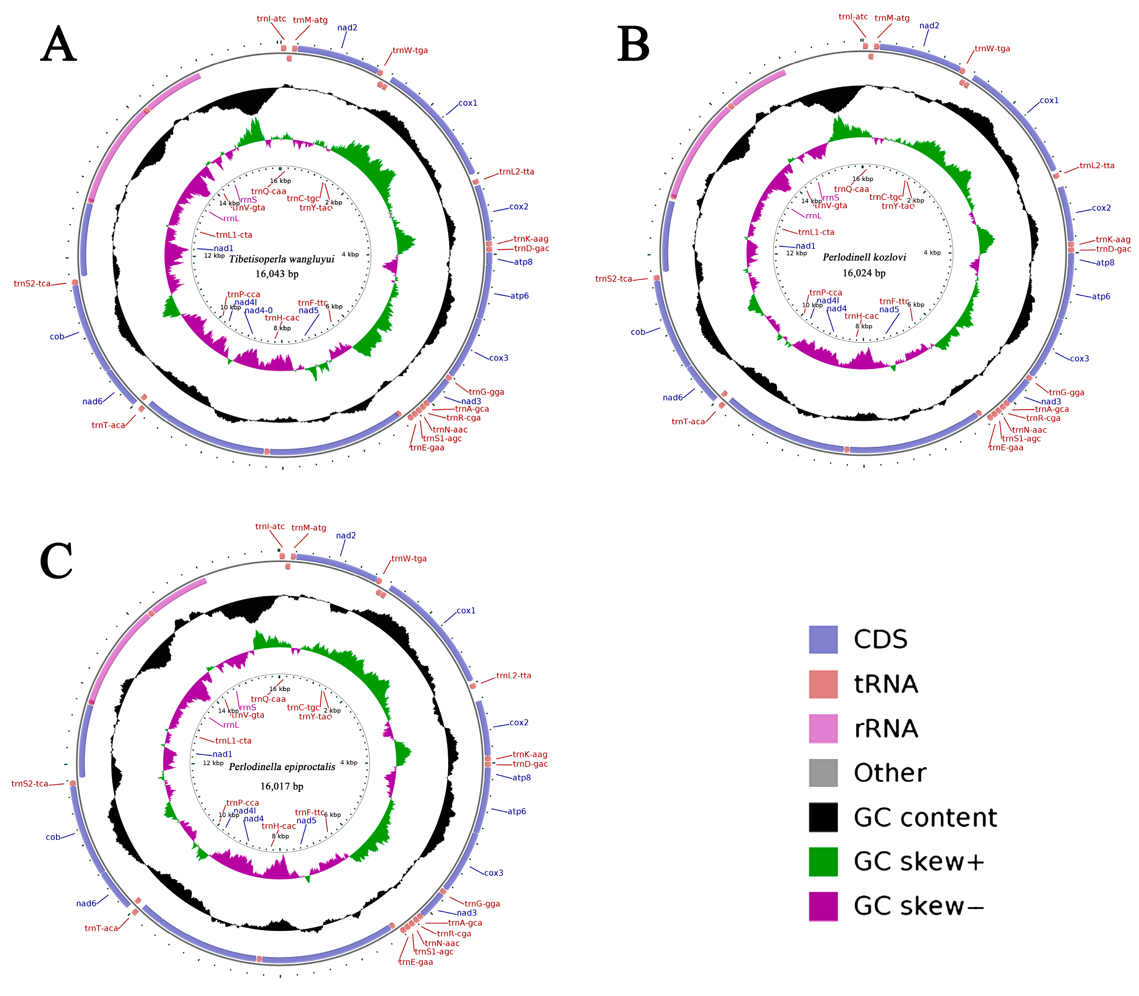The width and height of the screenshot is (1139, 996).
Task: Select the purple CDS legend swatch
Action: coord(823,640)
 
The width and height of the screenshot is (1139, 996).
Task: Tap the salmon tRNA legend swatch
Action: coord(823,684)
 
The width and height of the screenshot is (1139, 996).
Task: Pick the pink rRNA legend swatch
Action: coord(823,729)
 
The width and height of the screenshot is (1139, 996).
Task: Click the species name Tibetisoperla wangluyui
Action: coord(281,259)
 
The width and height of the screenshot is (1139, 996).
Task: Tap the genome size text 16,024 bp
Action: coord(864,273)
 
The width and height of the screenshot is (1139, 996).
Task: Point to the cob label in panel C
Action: coord(53,837)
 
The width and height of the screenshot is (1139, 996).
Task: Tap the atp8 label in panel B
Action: coord(1105,263)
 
